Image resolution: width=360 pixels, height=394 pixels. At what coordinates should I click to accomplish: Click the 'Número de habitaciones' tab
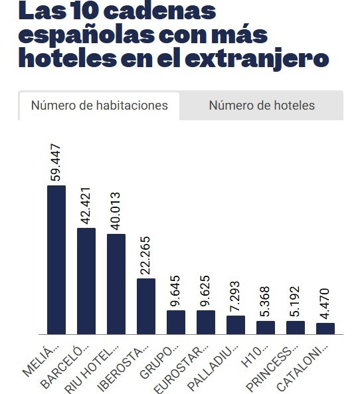click(x=99, y=106)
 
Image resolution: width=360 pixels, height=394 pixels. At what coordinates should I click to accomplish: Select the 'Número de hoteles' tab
click(x=262, y=106)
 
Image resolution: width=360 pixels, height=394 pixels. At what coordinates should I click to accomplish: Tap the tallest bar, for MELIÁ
click(x=56, y=259)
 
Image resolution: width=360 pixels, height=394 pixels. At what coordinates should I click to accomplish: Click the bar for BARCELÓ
click(x=86, y=280)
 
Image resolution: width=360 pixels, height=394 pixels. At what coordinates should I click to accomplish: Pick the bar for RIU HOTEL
click(x=116, y=284)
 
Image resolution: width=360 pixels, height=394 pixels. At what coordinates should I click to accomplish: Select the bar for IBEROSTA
click(x=146, y=306)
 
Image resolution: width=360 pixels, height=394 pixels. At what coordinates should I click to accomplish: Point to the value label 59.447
click(x=56, y=162)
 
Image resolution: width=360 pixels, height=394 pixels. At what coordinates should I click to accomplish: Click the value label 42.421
click(x=86, y=205)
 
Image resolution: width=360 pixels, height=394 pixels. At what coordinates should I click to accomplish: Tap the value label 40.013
click(x=116, y=211)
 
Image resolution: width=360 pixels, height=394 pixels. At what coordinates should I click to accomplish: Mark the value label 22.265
click(x=146, y=255)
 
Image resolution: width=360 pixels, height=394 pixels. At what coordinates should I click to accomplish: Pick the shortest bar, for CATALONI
click(x=325, y=328)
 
